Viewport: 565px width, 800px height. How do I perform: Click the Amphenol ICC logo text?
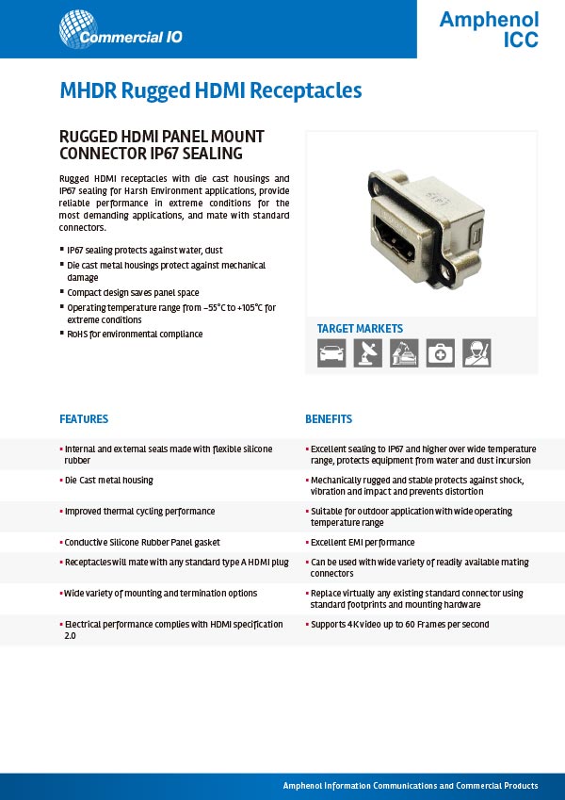pyautogui.click(x=489, y=29)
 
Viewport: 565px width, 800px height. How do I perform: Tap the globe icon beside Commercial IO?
pyautogui.click(x=77, y=28)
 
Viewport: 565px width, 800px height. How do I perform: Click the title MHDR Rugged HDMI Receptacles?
pyautogui.click(x=211, y=90)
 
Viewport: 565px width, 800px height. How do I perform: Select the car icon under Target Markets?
pyautogui.click(x=331, y=352)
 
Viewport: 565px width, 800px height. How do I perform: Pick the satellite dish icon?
pyautogui.click(x=367, y=352)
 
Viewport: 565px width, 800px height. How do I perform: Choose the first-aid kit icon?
pyautogui.click(x=440, y=352)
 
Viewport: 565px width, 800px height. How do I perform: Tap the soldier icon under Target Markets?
pyautogui.click(x=476, y=352)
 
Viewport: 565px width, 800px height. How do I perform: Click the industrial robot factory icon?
pyautogui.click(x=404, y=352)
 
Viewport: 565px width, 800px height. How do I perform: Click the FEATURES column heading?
pyautogui.click(x=84, y=419)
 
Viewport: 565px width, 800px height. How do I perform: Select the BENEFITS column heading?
pyautogui.click(x=329, y=419)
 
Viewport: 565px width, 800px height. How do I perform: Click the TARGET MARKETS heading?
pyautogui.click(x=360, y=329)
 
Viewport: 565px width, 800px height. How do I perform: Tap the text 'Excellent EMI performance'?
pyautogui.click(x=363, y=543)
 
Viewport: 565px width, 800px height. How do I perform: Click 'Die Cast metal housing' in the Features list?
pyautogui.click(x=108, y=481)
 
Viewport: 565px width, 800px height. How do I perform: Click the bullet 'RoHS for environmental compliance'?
pyautogui.click(x=135, y=334)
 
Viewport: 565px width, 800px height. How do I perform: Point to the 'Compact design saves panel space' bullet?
pyautogui.click(x=132, y=293)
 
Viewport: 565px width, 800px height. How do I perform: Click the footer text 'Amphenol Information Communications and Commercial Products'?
pyautogui.click(x=411, y=786)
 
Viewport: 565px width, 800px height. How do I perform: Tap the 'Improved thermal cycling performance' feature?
pyautogui.click(x=139, y=512)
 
